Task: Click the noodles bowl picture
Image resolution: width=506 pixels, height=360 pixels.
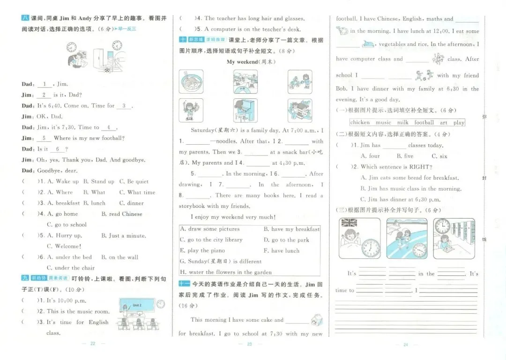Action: click(x=191, y=81)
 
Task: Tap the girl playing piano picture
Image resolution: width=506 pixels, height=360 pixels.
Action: click(x=245, y=110)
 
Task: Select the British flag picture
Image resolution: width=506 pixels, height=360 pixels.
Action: click(x=349, y=223)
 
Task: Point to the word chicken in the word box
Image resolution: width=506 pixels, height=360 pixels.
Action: click(x=360, y=123)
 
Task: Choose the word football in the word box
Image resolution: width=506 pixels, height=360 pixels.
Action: click(x=424, y=123)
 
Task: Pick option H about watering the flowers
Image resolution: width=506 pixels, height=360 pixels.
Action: click(x=226, y=272)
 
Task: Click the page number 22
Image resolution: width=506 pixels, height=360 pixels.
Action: click(x=92, y=344)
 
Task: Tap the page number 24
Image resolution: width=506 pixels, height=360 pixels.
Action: click(x=406, y=345)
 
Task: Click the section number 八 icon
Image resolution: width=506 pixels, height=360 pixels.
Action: click(x=25, y=18)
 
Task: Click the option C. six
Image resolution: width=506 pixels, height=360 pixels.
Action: click(x=439, y=156)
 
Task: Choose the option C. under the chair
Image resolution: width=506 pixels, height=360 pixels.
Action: click(x=71, y=268)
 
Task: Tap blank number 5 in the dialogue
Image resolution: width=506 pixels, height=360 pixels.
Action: click(x=43, y=138)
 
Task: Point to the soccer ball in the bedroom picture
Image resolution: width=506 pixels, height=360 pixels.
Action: click(x=108, y=70)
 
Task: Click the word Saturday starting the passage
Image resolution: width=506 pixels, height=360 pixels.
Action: click(x=201, y=130)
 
